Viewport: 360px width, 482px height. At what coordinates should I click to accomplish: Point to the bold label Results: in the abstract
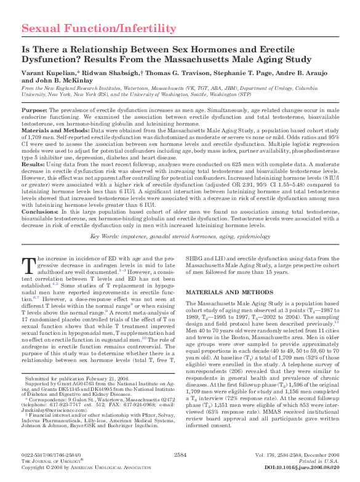[33, 166]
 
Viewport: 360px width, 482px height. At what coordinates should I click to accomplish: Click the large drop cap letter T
[28, 265]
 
